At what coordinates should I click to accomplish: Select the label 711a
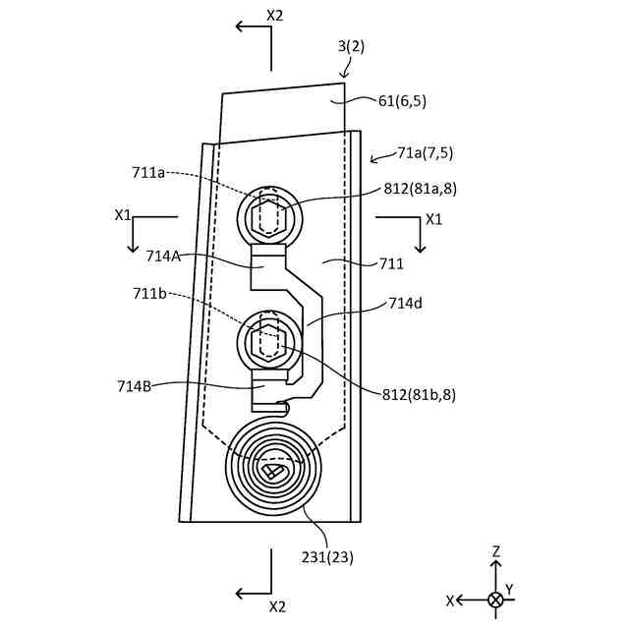tap(148, 173)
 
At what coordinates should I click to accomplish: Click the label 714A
tap(162, 256)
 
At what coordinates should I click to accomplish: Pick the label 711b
tap(148, 293)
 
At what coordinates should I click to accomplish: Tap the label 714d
tap(405, 303)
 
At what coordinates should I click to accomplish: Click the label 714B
tap(135, 385)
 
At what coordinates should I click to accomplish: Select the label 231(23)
tap(327, 557)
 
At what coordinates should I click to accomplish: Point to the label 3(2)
tap(350, 45)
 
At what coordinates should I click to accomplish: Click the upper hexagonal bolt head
tap(268, 214)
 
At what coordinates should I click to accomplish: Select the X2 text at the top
tap(276, 15)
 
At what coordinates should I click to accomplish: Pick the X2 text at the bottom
tap(276, 606)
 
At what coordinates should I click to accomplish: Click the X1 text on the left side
tap(123, 213)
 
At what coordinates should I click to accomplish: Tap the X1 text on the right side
tap(432, 219)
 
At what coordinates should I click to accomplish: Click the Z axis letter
tap(496, 552)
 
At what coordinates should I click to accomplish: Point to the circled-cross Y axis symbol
tap(495, 600)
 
